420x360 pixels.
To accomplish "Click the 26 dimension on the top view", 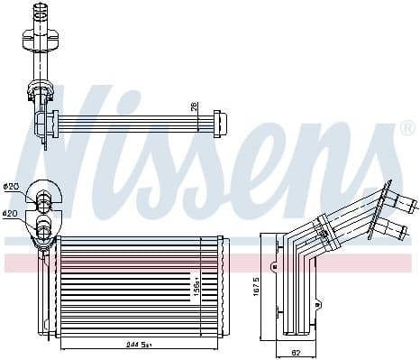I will [x=193, y=107].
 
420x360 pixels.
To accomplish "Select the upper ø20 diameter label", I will [x=12, y=187].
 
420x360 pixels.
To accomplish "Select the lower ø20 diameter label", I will [x=12, y=214].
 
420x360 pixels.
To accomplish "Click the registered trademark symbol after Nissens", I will [x=408, y=129].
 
